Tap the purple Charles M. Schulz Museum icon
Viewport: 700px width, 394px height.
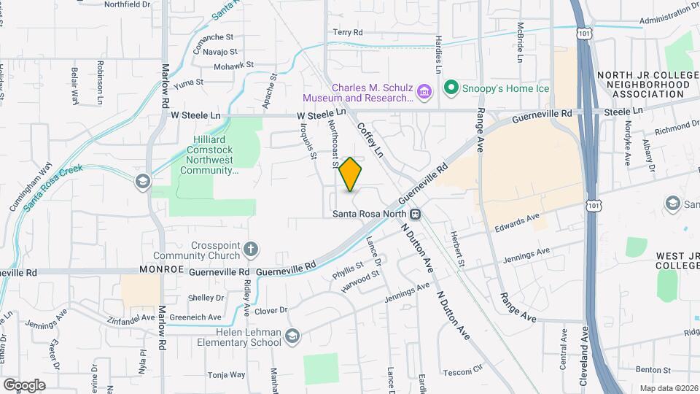(425, 91)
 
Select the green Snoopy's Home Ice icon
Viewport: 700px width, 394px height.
(451, 88)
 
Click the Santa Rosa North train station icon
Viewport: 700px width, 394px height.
(415, 214)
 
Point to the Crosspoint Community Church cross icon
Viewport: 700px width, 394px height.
(251, 250)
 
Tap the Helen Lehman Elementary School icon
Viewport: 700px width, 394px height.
(292, 336)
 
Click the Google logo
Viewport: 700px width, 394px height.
(23, 385)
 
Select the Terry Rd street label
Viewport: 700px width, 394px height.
(348, 32)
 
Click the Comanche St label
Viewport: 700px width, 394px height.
(213, 36)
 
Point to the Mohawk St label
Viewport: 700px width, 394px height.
(233, 65)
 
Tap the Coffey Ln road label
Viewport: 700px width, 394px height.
(370, 139)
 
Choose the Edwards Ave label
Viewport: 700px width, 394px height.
(516, 218)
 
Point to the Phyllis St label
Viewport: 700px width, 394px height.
(347, 271)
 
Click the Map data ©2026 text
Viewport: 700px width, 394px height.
(667, 387)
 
